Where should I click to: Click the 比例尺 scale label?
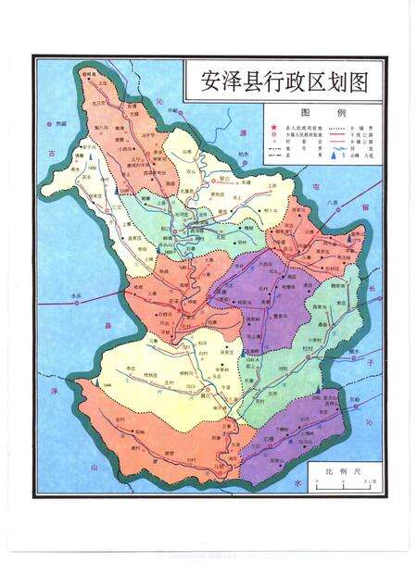click(x=336, y=471)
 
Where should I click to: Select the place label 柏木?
click(x=244, y=153)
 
